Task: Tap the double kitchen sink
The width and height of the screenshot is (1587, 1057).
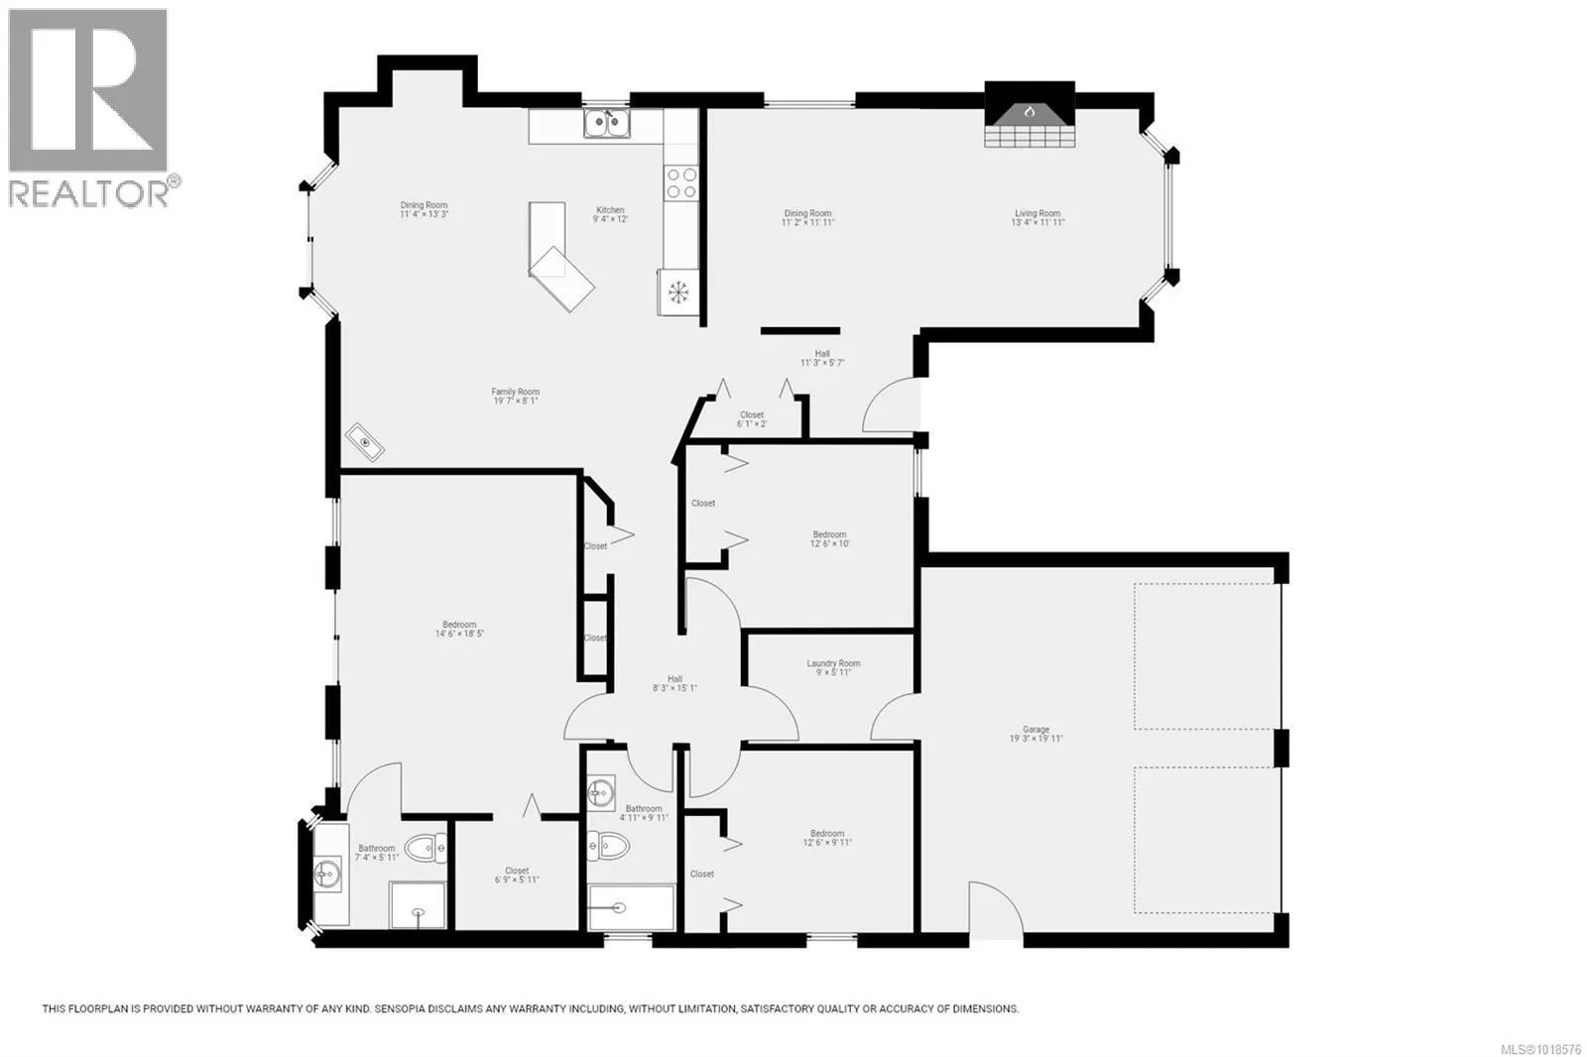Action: coord(607,123)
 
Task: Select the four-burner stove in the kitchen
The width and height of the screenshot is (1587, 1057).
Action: coord(681,182)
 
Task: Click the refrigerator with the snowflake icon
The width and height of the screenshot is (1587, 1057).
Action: coord(679,292)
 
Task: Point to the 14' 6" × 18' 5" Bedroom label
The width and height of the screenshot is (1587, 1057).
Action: coord(459,629)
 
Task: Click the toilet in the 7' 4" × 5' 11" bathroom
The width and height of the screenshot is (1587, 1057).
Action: coord(427,847)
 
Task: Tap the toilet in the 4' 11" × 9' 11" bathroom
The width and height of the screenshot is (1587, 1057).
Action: coord(608,846)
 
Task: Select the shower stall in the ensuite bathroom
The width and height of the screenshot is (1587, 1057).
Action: coord(418,904)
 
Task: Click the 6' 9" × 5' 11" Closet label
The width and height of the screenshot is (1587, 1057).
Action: coord(517,875)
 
